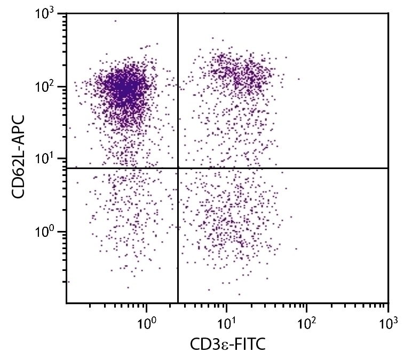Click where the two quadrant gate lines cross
[178, 168]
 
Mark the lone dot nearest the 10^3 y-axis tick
[115, 21]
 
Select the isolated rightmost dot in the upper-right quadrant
[299, 79]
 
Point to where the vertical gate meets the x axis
[178, 303]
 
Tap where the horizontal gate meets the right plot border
[388, 168]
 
